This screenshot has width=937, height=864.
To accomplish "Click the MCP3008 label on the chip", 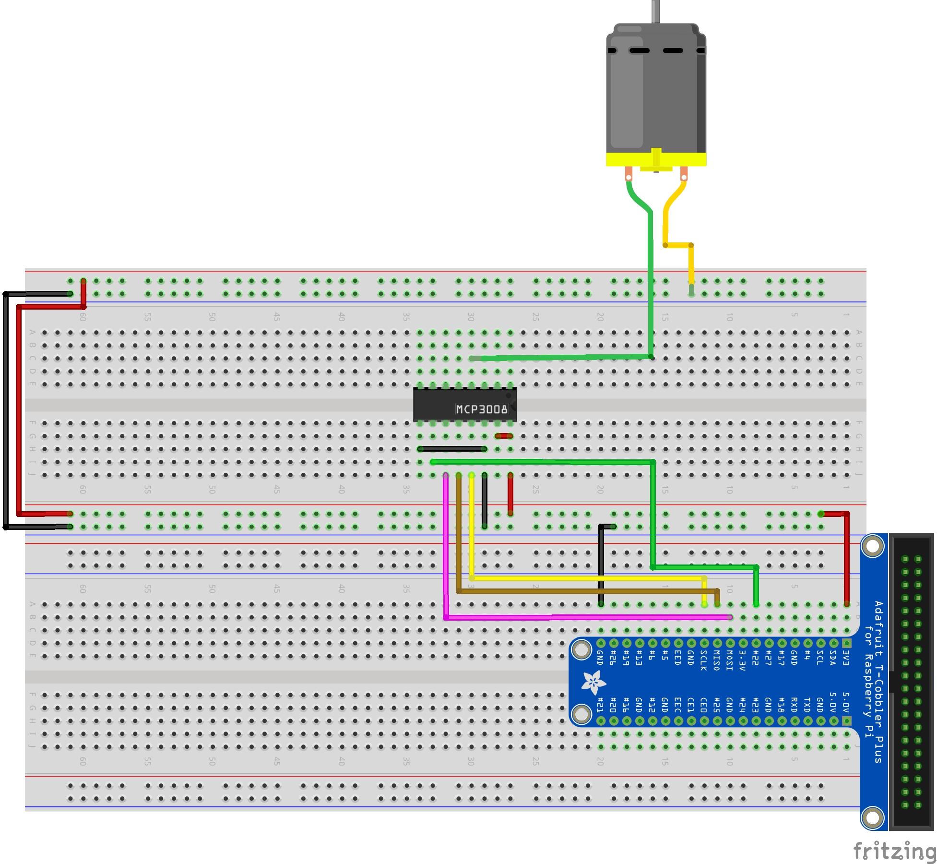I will (481, 409).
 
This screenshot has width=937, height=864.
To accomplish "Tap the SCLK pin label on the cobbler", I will (704, 660).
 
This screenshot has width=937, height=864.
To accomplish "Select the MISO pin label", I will (717, 660).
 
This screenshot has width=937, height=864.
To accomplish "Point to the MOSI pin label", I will (730, 660).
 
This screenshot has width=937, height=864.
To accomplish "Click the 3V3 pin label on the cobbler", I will (846, 658).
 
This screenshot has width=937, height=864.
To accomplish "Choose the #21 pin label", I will (600, 705).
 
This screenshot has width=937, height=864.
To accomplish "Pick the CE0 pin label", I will (704, 705).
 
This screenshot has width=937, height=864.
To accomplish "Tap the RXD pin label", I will (795, 705).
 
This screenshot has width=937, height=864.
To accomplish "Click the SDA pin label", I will (833, 658).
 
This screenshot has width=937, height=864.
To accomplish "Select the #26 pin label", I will (613, 658).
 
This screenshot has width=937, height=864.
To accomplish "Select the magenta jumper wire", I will (446, 552).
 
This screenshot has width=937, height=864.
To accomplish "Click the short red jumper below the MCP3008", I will (504, 436).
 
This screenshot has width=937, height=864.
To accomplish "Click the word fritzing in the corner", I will (894, 851).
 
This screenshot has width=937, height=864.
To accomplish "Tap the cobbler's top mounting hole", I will (873, 546).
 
